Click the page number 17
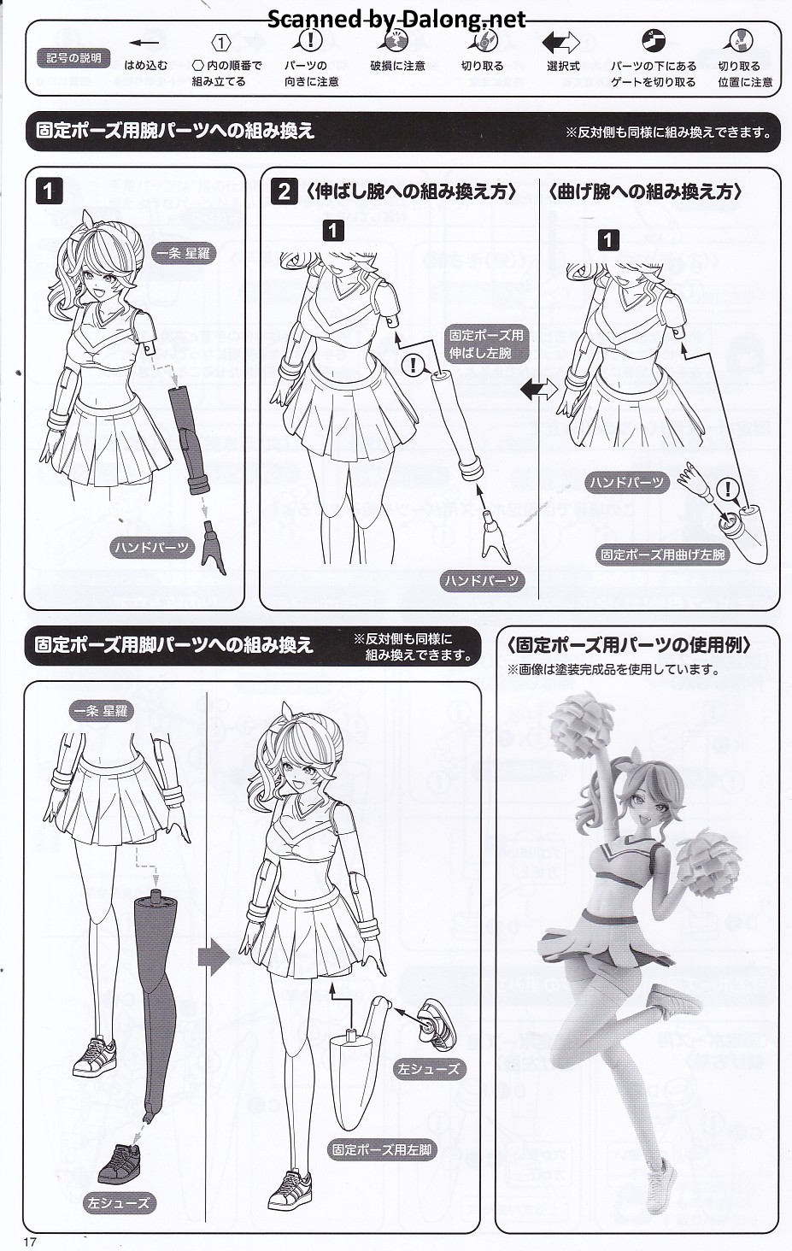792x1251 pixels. coord(30,1241)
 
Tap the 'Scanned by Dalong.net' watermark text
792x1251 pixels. coord(396,19)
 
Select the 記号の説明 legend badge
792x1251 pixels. coord(73,57)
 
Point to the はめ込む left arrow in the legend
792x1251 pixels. coord(144,43)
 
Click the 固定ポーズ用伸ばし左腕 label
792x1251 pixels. coord(486,344)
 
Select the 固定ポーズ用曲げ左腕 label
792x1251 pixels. coord(662,555)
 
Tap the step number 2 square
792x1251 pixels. coord(285,191)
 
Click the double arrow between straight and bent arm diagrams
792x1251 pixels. coord(538,389)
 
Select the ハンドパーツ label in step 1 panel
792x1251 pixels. coord(152,547)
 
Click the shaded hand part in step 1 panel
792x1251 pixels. coord(214,547)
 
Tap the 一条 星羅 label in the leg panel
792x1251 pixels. coord(101,711)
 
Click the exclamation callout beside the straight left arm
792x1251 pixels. coord(414,365)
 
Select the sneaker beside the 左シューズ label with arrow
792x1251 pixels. coord(437,1025)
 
